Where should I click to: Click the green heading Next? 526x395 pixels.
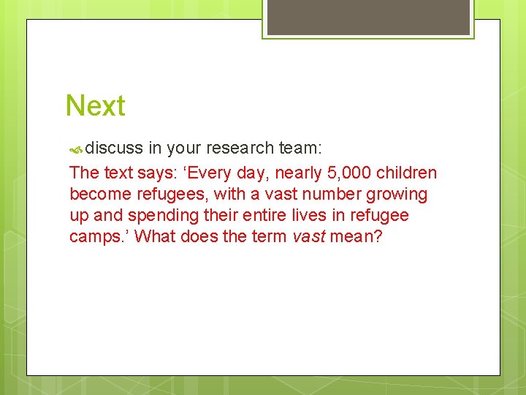click(x=95, y=106)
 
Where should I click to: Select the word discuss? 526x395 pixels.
click(x=114, y=148)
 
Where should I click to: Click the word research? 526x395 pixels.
click(x=240, y=148)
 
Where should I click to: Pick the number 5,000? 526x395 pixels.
click(x=348, y=173)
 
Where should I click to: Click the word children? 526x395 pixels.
click(x=406, y=173)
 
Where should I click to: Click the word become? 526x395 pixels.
click(x=97, y=195)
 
